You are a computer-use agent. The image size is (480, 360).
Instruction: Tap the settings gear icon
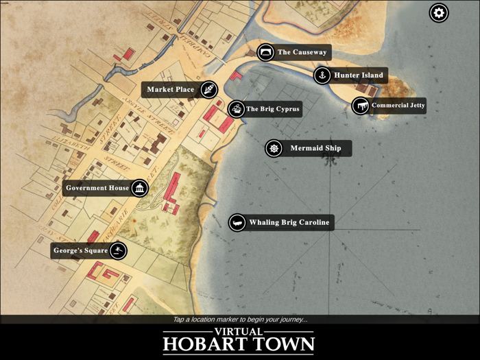coord(439,12)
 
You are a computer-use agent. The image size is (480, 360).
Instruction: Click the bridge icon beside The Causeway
coord(265,52)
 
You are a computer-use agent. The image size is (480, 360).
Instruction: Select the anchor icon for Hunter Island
coord(322,75)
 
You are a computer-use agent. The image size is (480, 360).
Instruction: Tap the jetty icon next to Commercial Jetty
coord(361,106)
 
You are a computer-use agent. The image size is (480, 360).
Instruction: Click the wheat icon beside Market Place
coord(208,89)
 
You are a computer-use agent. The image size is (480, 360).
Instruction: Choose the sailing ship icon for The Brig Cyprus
coord(236,108)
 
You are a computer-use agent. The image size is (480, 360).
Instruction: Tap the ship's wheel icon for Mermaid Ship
coord(274,148)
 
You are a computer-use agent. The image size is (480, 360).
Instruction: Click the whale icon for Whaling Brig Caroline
coord(237,222)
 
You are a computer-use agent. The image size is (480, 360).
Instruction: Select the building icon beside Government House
coord(140,188)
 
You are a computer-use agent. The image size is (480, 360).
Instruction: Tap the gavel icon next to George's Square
coord(119,250)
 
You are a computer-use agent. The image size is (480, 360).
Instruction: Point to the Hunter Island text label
coord(359,75)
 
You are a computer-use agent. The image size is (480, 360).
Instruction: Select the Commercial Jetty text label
coord(398,106)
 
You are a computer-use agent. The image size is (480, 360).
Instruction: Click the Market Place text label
coord(171,89)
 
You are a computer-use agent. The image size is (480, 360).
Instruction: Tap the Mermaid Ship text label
coord(315,148)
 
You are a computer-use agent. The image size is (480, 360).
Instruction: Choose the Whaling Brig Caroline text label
coord(289,222)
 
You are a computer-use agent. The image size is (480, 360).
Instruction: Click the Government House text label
coord(97,188)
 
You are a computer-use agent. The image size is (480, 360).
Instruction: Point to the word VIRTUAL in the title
coord(239,331)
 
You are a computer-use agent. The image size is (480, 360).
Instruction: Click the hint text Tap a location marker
coord(239,320)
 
